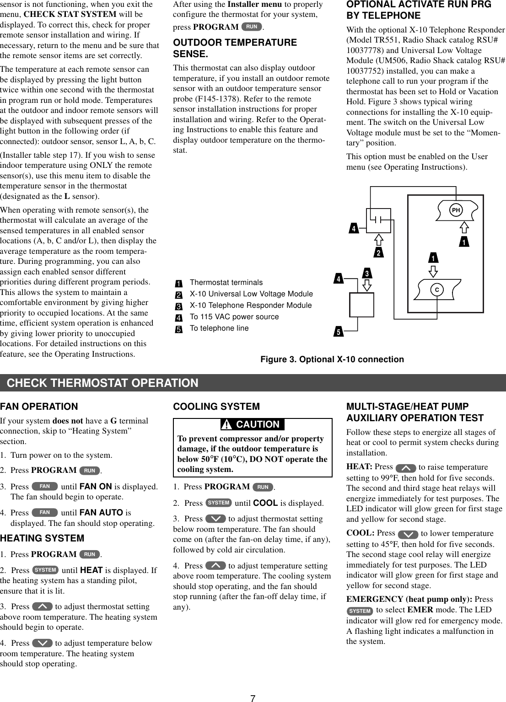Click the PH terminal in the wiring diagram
(x=456, y=210)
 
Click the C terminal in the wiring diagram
(x=437, y=290)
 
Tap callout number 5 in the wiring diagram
(x=339, y=332)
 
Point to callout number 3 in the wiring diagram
(x=367, y=273)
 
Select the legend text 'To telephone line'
(x=219, y=328)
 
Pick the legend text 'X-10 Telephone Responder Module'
(x=251, y=305)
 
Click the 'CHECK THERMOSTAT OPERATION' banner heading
(x=102, y=383)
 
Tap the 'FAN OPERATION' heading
(x=39, y=407)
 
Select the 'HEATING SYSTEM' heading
(x=42, y=538)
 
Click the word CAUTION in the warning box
(x=258, y=424)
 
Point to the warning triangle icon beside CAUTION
(x=226, y=425)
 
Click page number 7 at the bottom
(x=253, y=698)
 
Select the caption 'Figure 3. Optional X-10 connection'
(x=332, y=359)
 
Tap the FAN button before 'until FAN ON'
(x=45, y=487)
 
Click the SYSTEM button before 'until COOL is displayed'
(x=219, y=503)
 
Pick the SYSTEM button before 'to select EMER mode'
(x=360, y=611)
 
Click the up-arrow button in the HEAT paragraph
(x=406, y=468)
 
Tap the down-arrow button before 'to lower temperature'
(x=408, y=534)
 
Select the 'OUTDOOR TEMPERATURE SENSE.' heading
(x=235, y=48)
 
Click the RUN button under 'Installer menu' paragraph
(x=252, y=27)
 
